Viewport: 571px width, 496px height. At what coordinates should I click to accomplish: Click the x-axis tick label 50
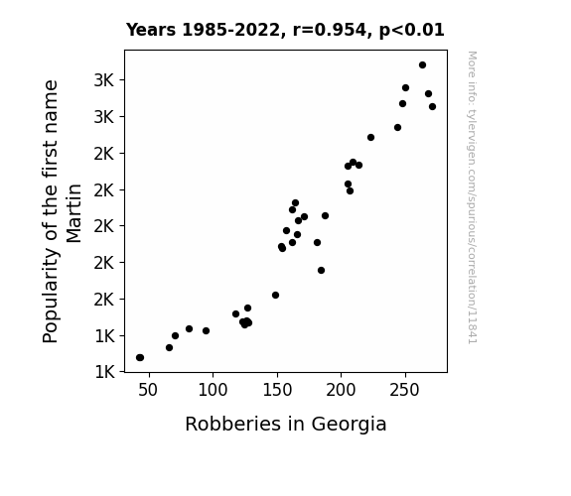click(x=148, y=390)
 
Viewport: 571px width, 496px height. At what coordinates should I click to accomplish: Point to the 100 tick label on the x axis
click(x=213, y=390)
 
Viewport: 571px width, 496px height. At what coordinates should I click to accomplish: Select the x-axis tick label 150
click(x=277, y=390)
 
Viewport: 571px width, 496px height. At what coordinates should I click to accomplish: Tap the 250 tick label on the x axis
click(x=404, y=390)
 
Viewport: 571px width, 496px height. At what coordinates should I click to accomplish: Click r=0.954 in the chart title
click(x=330, y=30)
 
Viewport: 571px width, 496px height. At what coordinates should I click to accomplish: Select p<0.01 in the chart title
click(x=412, y=30)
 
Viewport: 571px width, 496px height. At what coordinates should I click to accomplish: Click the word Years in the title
click(x=151, y=30)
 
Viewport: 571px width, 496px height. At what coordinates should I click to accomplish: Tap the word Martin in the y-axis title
click(x=73, y=213)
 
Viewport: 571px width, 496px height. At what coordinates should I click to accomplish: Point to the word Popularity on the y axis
click(x=50, y=296)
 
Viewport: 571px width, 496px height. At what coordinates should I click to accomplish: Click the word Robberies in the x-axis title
click(x=233, y=424)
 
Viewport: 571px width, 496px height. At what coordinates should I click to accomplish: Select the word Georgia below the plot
click(x=349, y=425)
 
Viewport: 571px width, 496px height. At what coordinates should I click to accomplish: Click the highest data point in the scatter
click(x=422, y=65)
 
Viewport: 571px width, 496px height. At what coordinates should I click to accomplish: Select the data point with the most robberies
click(x=432, y=106)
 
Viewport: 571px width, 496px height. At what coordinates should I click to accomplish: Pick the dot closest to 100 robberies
click(x=207, y=330)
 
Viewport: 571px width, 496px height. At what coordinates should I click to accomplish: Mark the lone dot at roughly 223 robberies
click(x=370, y=138)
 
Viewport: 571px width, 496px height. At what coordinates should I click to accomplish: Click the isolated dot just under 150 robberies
click(x=276, y=296)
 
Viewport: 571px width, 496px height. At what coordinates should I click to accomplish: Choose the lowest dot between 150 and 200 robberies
click(x=321, y=271)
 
